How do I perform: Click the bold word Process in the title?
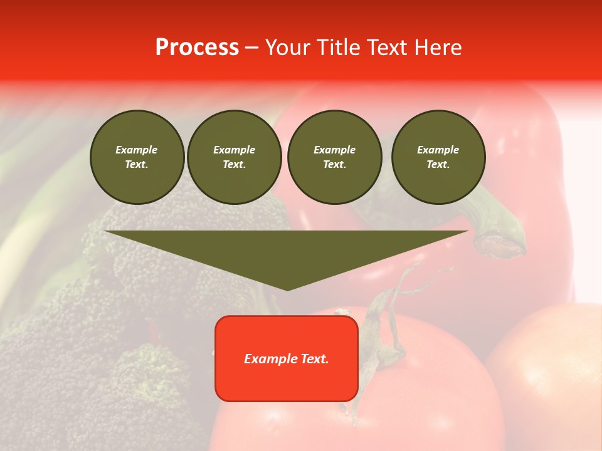coord(197,48)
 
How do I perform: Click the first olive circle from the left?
coord(137,157)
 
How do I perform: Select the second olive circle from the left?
coord(234,157)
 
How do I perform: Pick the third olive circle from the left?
coord(334,157)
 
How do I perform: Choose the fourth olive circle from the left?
coord(438,157)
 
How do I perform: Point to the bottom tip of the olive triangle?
coord(288,289)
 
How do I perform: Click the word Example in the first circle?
coord(137,150)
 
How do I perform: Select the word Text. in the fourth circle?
coord(438,165)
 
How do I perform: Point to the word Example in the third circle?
coord(334,150)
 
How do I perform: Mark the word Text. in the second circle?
coord(234,165)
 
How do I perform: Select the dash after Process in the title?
coord(251,48)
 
